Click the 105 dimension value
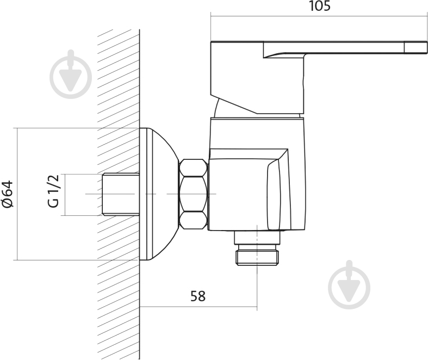[x=320, y=6]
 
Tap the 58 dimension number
[x=198, y=296]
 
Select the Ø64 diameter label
[x=8, y=194]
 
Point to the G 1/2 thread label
[x=53, y=191]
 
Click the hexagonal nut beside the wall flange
[x=193, y=194]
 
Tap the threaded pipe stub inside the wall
[x=121, y=194]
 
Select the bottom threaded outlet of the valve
[x=258, y=255]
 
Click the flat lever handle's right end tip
[x=426, y=46]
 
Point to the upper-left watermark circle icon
[x=71, y=74]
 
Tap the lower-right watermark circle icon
[x=349, y=284]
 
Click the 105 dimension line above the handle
[x=319, y=16]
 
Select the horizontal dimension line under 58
[x=198, y=307]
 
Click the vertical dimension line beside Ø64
[x=17, y=194]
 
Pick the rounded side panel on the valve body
[x=274, y=195]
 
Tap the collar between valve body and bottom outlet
[x=257, y=237]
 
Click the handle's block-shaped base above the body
[x=257, y=78]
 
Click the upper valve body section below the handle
[x=257, y=133]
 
